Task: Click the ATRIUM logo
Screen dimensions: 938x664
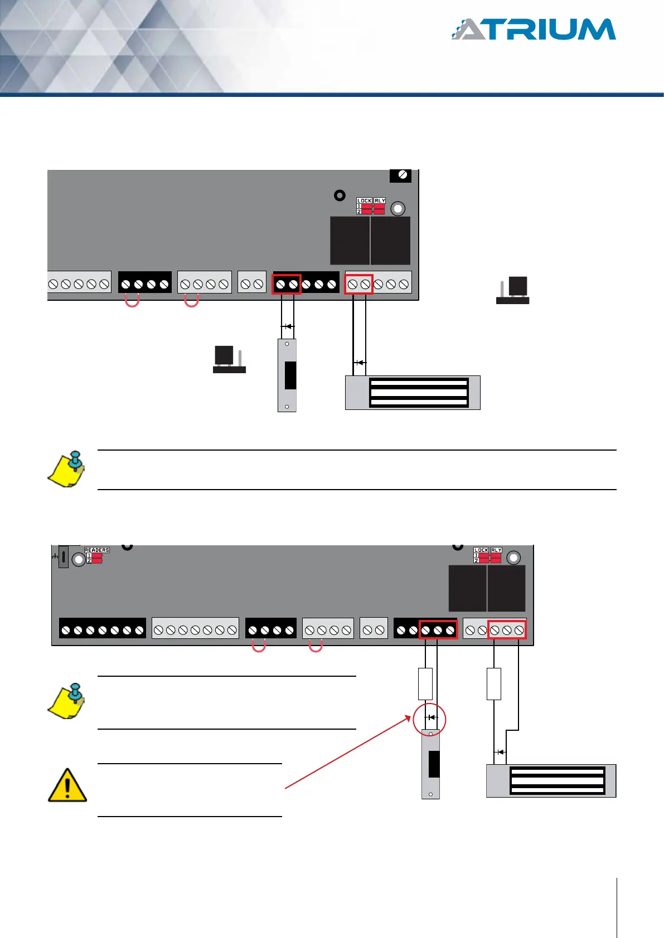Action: (x=534, y=30)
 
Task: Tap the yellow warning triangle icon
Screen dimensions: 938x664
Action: (x=67, y=785)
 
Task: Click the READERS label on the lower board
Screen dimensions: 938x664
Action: (x=97, y=550)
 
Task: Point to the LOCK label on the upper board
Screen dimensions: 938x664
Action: (x=364, y=201)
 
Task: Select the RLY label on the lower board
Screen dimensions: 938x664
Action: (x=496, y=550)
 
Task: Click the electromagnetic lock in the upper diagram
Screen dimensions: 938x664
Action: (x=413, y=393)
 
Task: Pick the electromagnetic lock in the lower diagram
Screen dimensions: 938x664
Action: (x=551, y=780)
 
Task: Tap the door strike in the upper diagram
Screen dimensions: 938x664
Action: (x=287, y=375)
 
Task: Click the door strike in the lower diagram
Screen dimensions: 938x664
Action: (x=430, y=764)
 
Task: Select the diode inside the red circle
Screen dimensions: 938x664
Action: (x=430, y=717)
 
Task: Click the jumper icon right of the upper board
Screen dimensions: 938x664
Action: (x=513, y=290)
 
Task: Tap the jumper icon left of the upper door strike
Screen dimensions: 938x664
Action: (x=229, y=359)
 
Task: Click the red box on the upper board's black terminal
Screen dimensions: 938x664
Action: (x=287, y=284)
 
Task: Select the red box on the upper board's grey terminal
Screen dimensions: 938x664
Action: (x=358, y=284)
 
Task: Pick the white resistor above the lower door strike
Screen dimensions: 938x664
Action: (x=425, y=683)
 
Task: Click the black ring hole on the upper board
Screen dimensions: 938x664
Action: (x=340, y=196)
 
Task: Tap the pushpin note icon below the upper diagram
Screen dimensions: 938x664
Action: (x=67, y=469)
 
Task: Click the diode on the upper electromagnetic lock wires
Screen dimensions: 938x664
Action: (x=360, y=363)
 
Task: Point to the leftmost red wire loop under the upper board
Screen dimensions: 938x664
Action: (x=132, y=301)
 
